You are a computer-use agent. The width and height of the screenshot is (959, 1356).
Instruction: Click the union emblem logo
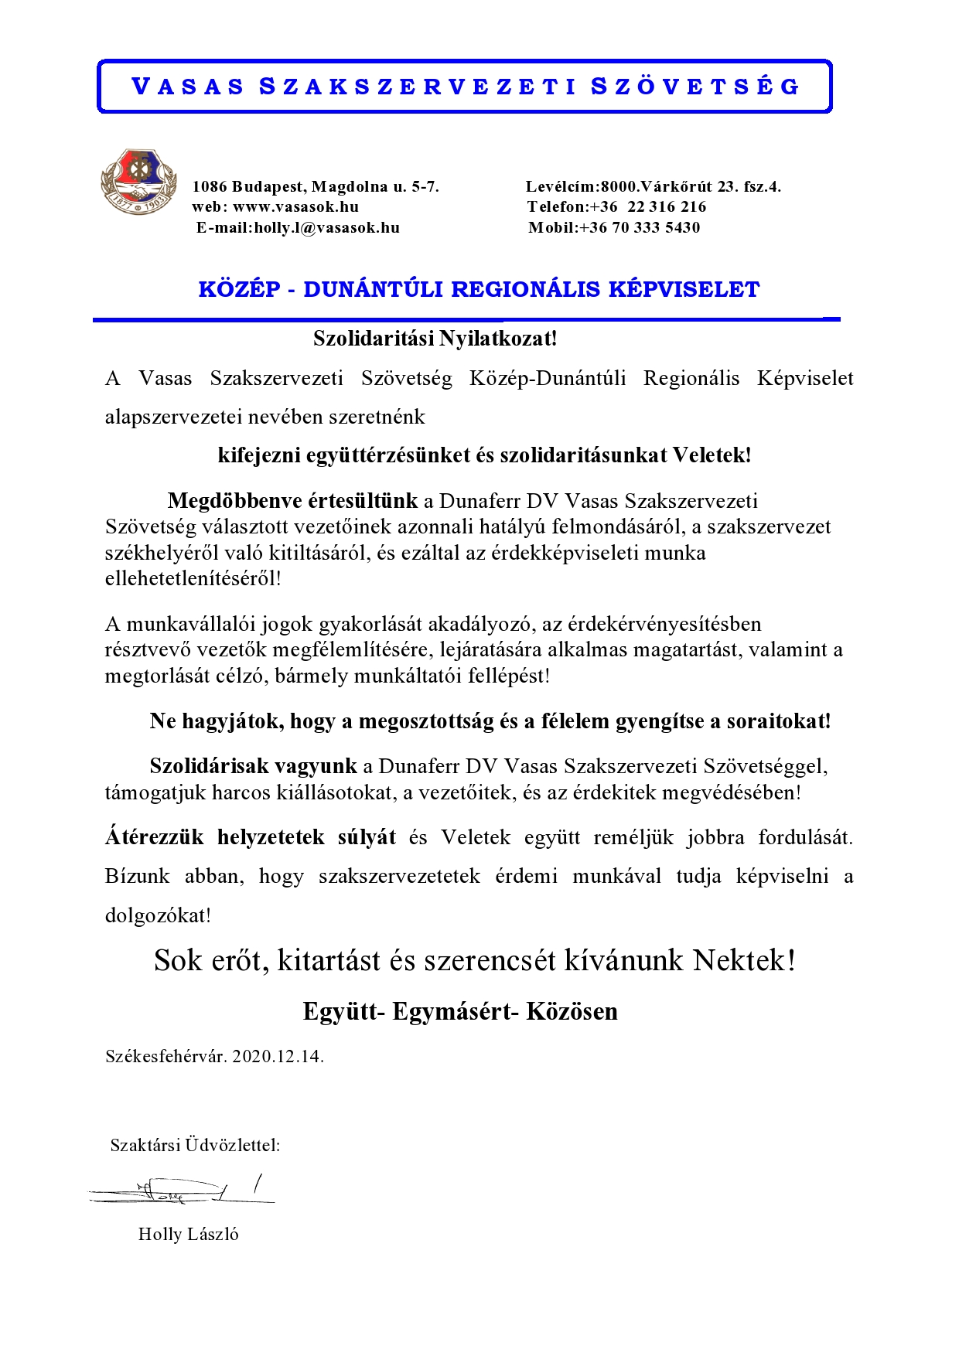click(139, 182)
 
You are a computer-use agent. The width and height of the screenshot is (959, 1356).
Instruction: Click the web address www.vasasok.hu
click(295, 207)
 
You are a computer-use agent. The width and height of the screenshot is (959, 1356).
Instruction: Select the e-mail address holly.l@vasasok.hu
click(326, 228)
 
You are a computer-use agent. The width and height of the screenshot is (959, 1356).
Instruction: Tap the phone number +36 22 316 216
click(648, 207)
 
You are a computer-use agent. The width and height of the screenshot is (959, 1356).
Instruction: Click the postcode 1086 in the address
click(210, 186)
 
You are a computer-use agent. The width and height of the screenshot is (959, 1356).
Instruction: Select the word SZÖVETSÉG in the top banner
click(695, 87)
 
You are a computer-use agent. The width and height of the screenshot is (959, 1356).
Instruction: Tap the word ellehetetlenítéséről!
click(193, 578)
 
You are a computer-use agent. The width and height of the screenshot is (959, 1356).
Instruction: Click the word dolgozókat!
click(158, 915)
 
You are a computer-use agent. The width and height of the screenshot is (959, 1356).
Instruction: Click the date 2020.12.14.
click(278, 1056)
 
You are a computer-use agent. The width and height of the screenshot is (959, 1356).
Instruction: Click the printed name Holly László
click(188, 1234)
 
